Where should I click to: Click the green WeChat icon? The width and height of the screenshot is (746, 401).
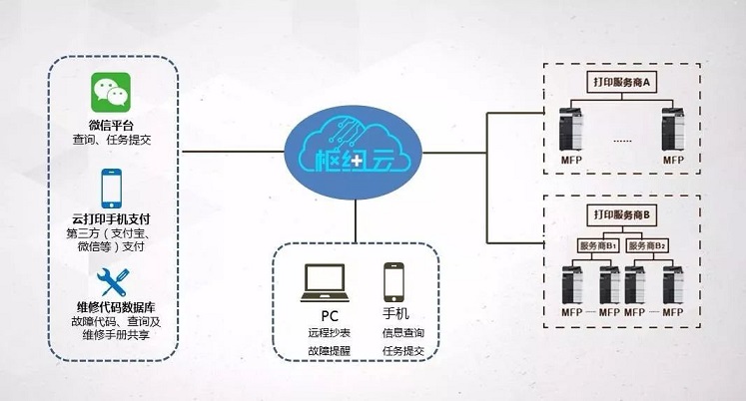point(111,93)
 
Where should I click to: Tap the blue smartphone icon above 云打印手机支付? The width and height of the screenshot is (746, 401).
point(111,187)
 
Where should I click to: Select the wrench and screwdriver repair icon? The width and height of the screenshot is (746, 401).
point(111,277)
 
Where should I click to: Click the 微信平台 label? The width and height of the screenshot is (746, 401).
point(111,125)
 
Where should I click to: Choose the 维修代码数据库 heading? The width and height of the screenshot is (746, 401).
point(112,306)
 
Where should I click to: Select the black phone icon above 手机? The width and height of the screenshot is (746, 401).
point(392,282)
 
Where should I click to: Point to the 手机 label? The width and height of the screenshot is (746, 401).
point(394,313)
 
